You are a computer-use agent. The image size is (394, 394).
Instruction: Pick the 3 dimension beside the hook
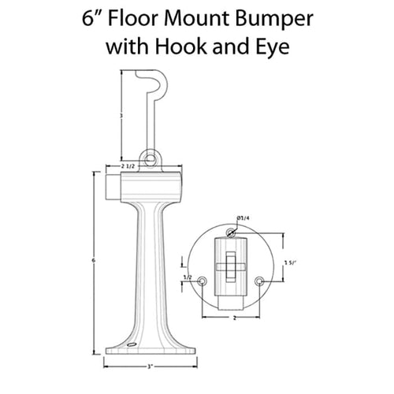pyautogui.click(x=119, y=115)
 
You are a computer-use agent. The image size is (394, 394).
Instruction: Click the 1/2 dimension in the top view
pyautogui.click(x=188, y=277)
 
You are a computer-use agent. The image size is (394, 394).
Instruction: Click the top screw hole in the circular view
pyautogui.click(x=231, y=232)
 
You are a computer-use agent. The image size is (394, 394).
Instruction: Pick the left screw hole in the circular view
pyautogui.click(x=203, y=281)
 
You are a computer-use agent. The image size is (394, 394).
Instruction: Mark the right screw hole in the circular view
pyautogui.click(x=259, y=281)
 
